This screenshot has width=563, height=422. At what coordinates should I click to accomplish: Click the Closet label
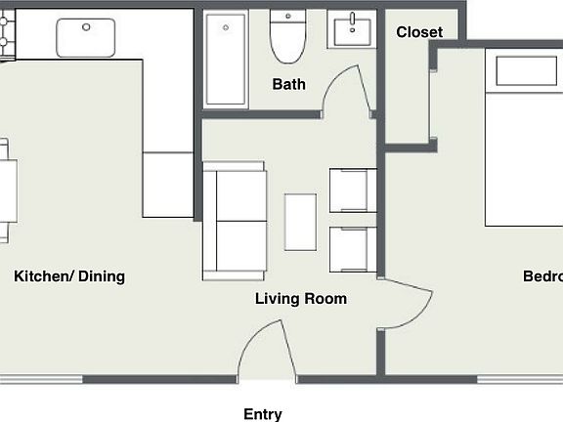[419, 32]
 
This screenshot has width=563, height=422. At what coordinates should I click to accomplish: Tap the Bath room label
[288, 84]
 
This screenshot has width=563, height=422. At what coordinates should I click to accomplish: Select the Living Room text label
[301, 299]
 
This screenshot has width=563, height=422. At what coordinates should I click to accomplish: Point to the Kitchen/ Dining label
[69, 276]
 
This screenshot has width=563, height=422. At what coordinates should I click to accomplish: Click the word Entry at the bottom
[263, 414]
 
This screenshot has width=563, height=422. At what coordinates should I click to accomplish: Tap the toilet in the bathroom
[288, 38]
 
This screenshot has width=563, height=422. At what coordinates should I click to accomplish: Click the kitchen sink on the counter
[86, 37]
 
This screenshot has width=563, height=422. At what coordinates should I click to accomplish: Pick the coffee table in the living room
[300, 222]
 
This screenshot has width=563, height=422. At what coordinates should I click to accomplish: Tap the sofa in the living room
[235, 221]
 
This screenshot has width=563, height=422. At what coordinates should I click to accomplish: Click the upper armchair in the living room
[352, 190]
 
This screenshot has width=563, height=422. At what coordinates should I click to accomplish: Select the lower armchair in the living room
[352, 250]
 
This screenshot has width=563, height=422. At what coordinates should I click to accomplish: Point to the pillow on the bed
[528, 71]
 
